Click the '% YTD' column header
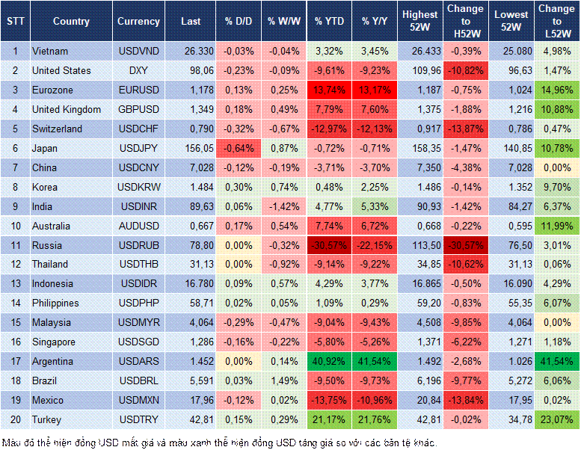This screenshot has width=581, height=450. click(x=328, y=22)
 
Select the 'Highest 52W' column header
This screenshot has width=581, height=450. click(x=419, y=22)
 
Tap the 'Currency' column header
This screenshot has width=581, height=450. click(x=138, y=22)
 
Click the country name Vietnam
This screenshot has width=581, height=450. click(x=50, y=51)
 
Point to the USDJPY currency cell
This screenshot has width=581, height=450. click(x=138, y=148)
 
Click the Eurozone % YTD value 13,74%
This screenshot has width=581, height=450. click(x=328, y=90)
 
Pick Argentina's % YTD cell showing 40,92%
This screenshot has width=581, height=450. click(x=328, y=361)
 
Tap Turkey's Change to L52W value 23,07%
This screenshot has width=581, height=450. click(x=557, y=419)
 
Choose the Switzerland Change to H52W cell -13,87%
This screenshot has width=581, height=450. click(x=465, y=129)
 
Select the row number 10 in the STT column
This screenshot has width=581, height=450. click(x=14, y=226)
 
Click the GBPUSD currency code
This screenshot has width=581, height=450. click(x=138, y=109)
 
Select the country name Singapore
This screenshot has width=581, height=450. click(x=54, y=342)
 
